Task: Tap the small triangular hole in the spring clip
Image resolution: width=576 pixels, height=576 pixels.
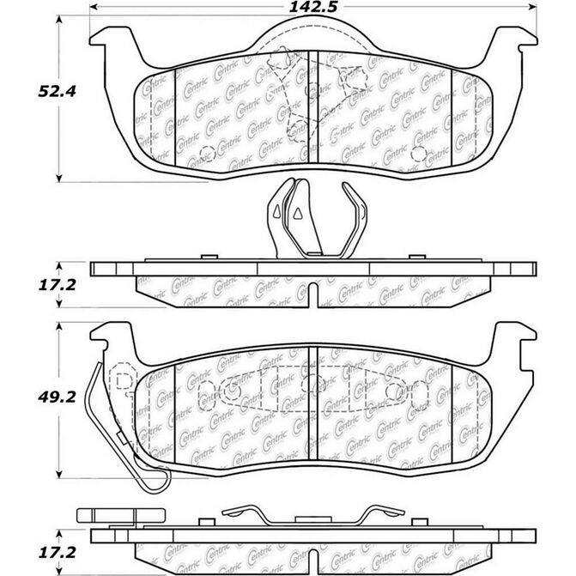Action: click(293, 210)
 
